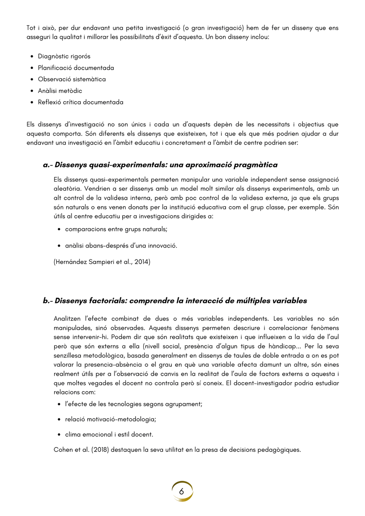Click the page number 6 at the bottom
click(x=182, y=491)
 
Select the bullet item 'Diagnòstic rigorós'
click(x=64, y=56)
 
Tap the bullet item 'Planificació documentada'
click(x=76, y=68)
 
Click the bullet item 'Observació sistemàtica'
click(x=71, y=79)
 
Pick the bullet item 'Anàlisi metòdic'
click(x=60, y=91)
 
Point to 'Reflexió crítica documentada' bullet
click(x=80, y=102)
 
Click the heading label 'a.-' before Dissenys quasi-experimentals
click(x=47, y=165)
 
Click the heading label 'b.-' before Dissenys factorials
click(x=47, y=300)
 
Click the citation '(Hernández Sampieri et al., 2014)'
click(x=102, y=262)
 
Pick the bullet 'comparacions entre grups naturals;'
click(x=116, y=229)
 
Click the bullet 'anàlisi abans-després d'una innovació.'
click(x=121, y=246)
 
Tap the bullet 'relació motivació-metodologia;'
click(x=110, y=419)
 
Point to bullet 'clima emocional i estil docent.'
click(x=109, y=435)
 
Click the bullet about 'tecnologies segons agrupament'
click(x=133, y=404)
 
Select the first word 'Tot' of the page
click(x=31, y=28)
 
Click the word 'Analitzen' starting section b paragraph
click(x=67, y=319)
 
